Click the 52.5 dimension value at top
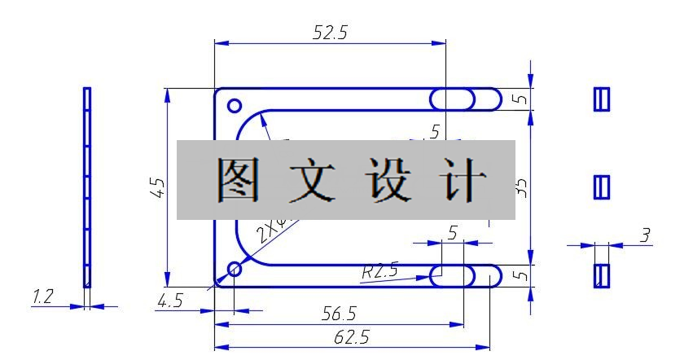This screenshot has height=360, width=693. (330, 33)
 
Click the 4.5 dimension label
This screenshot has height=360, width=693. (169, 301)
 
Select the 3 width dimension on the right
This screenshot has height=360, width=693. (645, 235)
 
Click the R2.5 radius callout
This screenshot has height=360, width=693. (380, 271)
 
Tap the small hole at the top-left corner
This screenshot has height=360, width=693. (235, 106)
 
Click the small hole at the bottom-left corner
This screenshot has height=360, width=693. (235, 269)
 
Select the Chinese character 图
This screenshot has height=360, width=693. (238, 180)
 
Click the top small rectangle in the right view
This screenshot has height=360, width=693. (602, 99)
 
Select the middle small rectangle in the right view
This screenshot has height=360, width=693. (602, 187)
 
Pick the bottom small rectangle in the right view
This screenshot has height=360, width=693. (602, 275)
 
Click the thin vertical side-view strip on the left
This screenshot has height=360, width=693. (87, 187)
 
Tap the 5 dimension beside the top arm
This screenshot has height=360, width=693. (523, 99)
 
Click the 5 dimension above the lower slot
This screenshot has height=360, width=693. (452, 233)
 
